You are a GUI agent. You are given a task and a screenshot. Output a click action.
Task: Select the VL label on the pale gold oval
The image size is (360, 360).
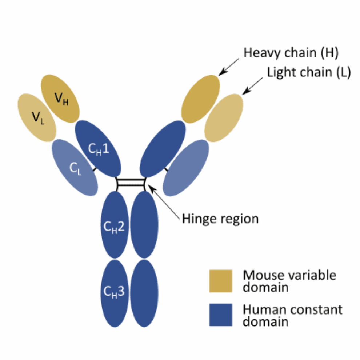pos(37,117)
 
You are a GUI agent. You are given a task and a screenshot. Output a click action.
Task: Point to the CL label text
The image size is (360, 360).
pos(75,169)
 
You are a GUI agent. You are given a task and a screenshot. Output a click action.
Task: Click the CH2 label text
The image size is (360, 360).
pos(114,227)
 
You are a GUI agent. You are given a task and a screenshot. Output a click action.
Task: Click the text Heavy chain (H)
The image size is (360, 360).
pos(291,53)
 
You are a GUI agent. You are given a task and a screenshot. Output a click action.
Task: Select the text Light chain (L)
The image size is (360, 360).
pos(309,72)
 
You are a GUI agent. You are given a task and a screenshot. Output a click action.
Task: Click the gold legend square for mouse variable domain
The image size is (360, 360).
pos(221,281)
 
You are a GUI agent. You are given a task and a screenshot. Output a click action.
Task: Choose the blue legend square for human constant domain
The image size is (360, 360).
pos(221,315)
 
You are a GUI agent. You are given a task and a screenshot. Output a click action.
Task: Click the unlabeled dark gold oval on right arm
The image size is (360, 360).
pos(201,99)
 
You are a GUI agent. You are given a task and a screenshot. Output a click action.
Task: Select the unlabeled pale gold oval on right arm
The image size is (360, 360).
pos(224,117)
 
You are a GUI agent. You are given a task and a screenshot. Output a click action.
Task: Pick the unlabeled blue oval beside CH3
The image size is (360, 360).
pos(144,293)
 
